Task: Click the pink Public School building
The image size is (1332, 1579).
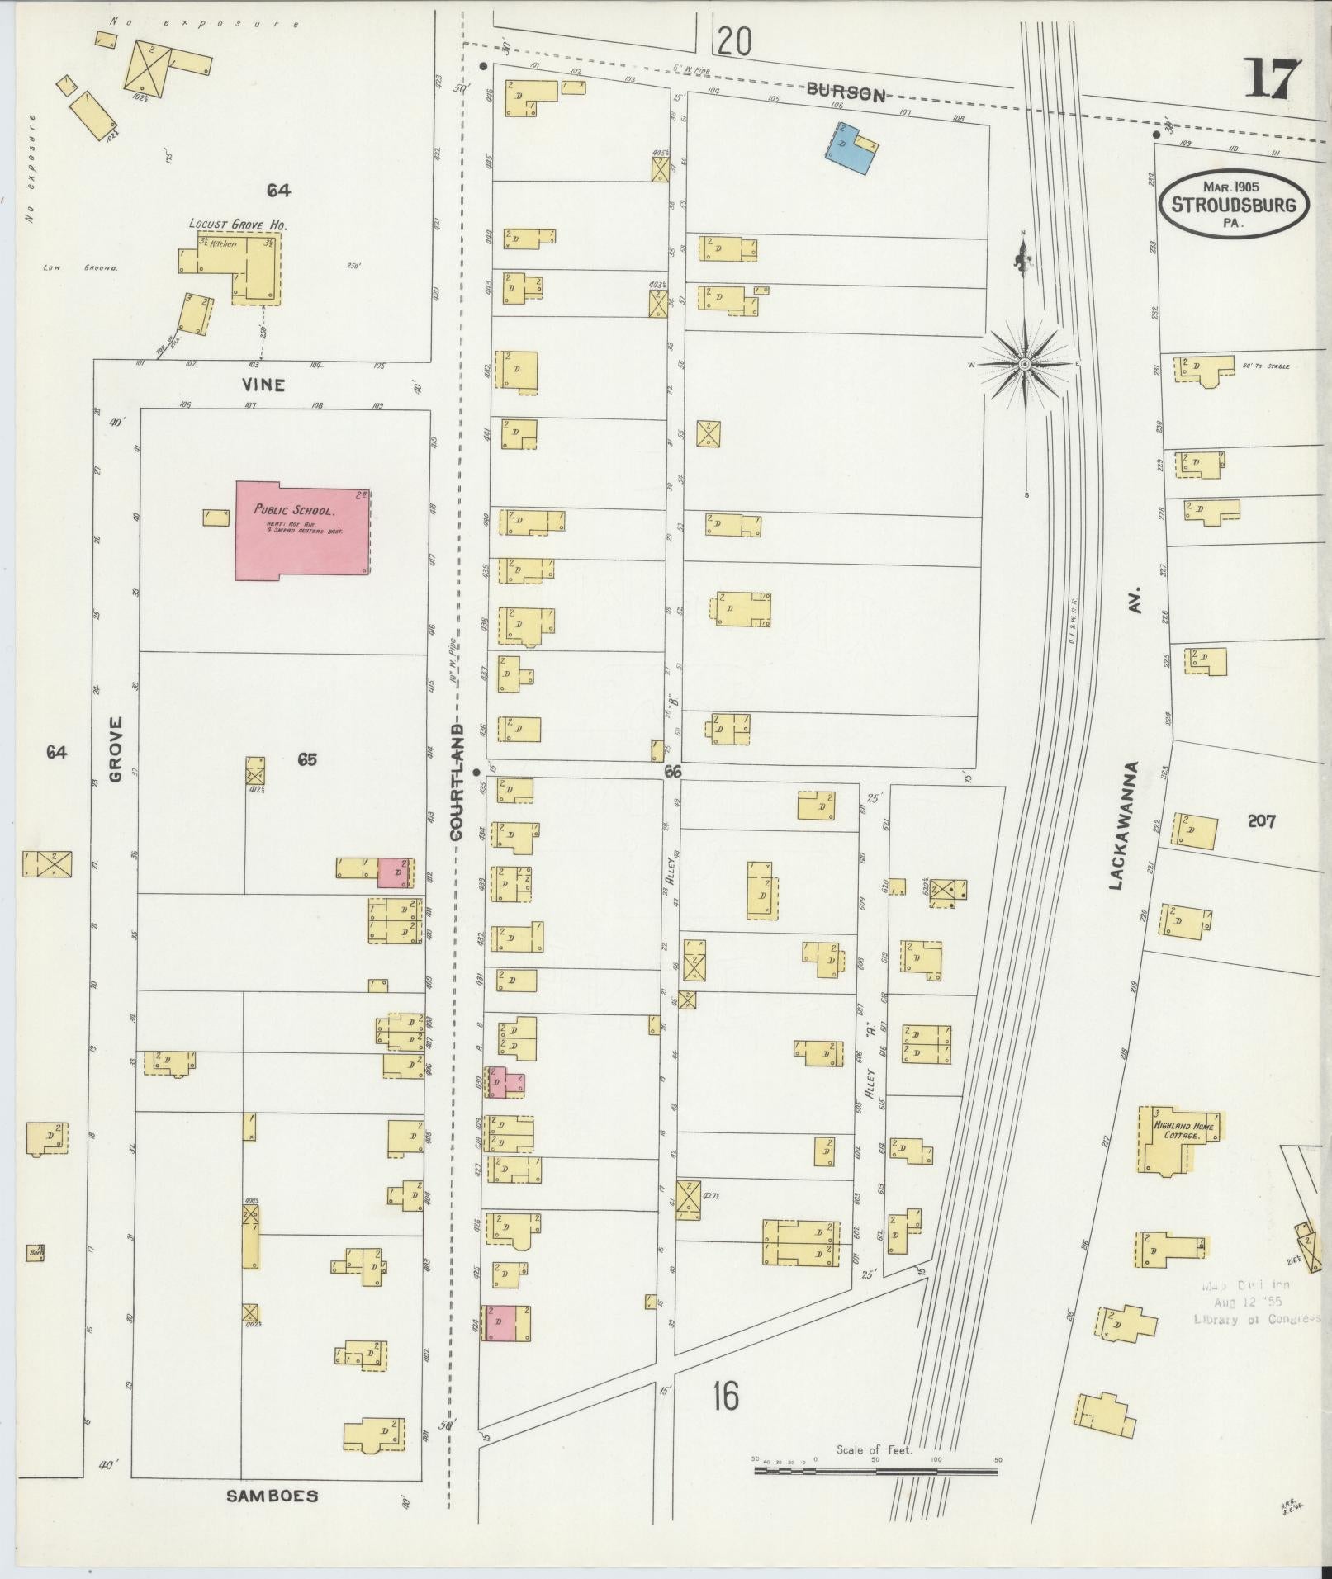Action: pyautogui.click(x=302, y=530)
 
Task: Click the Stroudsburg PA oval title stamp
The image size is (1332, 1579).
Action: pyautogui.click(x=1235, y=204)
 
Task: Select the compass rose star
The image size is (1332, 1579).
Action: pyautogui.click(x=1024, y=364)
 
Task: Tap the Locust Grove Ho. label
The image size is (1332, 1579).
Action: pyautogui.click(x=226, y=224)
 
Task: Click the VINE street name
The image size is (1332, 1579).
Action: pyautogui.click(x=264, y=385)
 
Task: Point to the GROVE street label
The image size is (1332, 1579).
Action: pyautogui.click(x=115, y=748)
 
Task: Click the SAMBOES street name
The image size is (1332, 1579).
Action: pyautogui.click(x=272, y=1495)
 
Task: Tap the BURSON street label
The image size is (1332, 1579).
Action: pyautogui.click(x=845, y=93)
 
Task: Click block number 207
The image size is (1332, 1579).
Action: pyautogui.click(x=1261, y=820)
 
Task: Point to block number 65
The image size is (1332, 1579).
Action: pyautogui.click(x=307, y=759)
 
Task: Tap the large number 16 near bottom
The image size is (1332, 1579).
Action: pyautogui.click(x=725, y=1396)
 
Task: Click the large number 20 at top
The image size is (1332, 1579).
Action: pyautogui.click(x=734, y=41)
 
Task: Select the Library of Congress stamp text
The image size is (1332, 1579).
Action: pyautogui.click(x=1245, y=1319)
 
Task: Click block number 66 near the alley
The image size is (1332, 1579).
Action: pyautogui.click(x=672, y=771)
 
